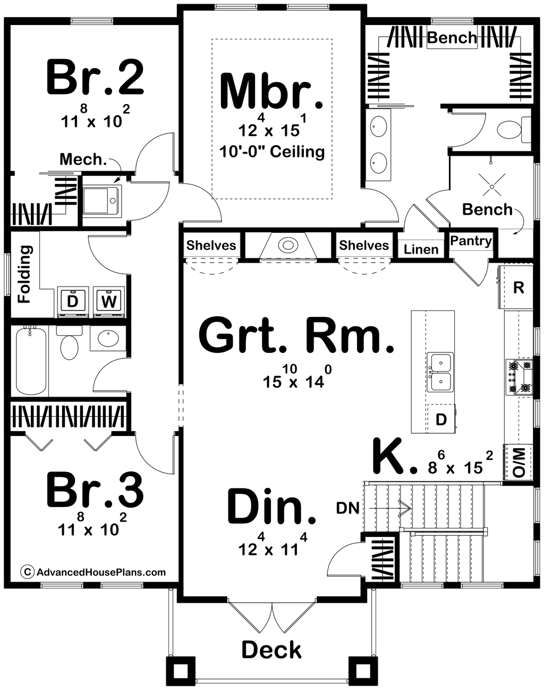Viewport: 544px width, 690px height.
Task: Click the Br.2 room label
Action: tap(95, 78)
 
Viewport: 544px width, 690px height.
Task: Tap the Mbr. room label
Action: tap(271, 91)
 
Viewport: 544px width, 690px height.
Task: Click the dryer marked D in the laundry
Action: tap(73, 301)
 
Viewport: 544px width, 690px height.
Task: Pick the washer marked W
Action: tap(108, 301)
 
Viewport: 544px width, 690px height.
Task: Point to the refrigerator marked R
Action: tap(518, 288)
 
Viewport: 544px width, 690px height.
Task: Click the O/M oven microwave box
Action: tap(518, 462)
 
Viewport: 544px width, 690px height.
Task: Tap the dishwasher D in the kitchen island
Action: tap(441, 419)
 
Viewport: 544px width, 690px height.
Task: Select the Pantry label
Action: tap(471, 241)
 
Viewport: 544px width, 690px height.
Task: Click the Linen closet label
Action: tap(421, 249)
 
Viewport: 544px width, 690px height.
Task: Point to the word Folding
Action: tap(24, 274)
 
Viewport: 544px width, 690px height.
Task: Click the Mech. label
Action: tap(83, 159)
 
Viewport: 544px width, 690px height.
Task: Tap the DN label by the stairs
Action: tap(348, 508)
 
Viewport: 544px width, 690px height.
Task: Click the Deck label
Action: tap(271, 650)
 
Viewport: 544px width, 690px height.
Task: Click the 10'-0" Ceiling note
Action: tap(272, 152)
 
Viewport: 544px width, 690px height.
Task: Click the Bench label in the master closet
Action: tap(452, 38)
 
